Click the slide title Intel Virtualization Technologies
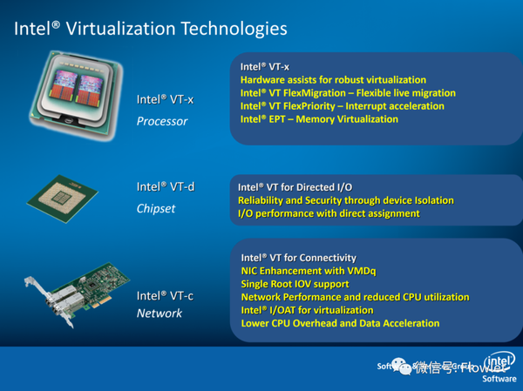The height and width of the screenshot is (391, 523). (x=149, y=30)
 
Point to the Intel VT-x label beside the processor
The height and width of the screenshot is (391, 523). (x=165, y=99)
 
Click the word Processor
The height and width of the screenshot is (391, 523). (x=162, y=121)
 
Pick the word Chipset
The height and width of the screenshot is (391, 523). (x=156, y=208)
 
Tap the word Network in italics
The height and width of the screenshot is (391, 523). (x=160, y=313)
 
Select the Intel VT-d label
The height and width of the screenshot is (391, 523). (x=166, y=186)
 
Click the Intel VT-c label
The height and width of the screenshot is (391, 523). (x=165, y=296)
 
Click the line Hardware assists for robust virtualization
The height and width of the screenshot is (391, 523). (x=333, y=80)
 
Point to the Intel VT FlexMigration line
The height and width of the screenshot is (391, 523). (x=348, y=93)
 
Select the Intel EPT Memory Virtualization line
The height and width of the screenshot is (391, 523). (x=319, y=119)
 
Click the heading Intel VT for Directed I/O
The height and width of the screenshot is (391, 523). (x=295, y=187)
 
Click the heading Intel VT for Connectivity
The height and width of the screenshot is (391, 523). (x=298, y=258)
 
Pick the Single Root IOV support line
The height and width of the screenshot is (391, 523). (x=295, y=284)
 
